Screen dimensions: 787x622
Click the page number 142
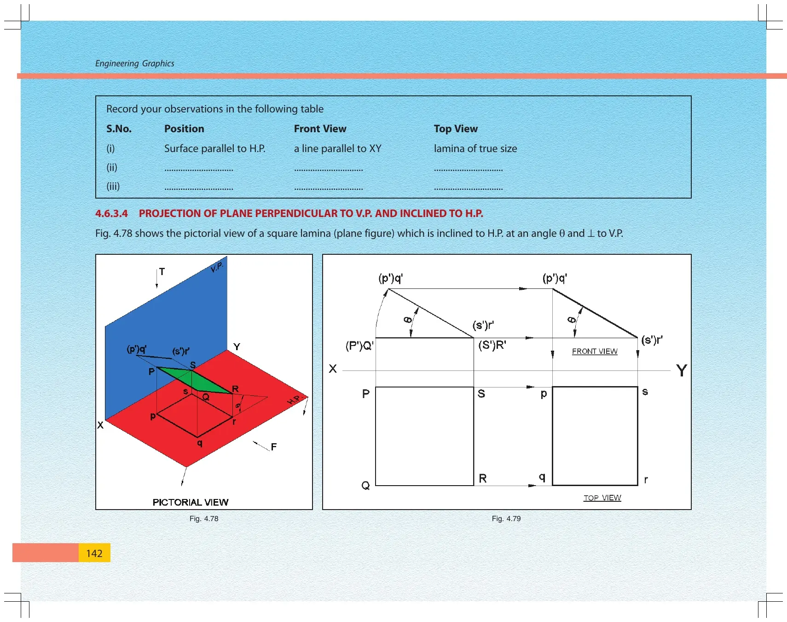coord(94,553)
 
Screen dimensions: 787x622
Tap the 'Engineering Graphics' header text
coord(135,64)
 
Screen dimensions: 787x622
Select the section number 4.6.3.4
coord(111,213)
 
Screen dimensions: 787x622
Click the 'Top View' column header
coord(456,129)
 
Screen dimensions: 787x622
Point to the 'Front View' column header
coord(320,129)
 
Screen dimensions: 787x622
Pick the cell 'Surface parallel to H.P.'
coord(215,148)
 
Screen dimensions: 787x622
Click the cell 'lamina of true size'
coord(475,148)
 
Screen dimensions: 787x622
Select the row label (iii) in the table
coord(113,186)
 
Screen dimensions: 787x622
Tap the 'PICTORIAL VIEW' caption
coord(191,502)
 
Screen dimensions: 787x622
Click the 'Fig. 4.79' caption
coord(506,518)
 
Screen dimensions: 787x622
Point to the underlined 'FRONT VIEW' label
coord(595,352)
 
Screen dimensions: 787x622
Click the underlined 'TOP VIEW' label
coord(602,498)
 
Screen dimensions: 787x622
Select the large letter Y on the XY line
coord(682,370)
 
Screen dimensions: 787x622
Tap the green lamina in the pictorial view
coord(194,380)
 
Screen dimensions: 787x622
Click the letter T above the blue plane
coord(162,272)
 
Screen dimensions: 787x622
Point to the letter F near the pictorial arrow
coord(274,446)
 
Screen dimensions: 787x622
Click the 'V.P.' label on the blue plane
coord(217,267)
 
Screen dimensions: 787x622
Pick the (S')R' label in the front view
coord(492,345)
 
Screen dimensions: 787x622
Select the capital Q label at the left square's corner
coord(365,485)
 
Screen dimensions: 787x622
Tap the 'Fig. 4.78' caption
coord(204,518)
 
